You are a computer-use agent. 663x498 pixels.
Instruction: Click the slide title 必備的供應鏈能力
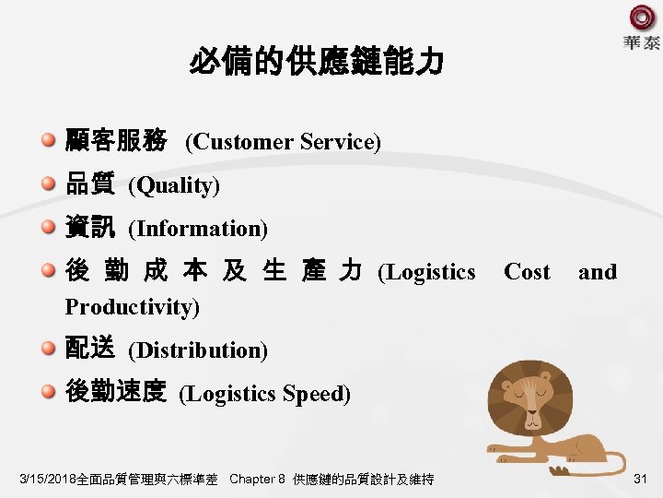316,63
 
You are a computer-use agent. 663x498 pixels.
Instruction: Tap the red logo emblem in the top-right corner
642,18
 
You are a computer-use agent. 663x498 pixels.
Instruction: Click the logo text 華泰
641,43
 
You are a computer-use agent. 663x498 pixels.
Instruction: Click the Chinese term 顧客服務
116,141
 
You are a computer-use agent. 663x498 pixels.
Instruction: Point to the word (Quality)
174,185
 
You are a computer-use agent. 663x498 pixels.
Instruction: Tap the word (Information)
198,228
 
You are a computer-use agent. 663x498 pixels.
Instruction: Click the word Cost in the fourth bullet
527,272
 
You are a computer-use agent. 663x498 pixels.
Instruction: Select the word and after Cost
597,272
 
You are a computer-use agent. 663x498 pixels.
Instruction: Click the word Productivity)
132,306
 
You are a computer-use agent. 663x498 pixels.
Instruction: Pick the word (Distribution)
198,350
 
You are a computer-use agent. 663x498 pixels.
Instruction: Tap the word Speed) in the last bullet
317,394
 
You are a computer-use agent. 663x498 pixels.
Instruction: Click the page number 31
642,478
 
